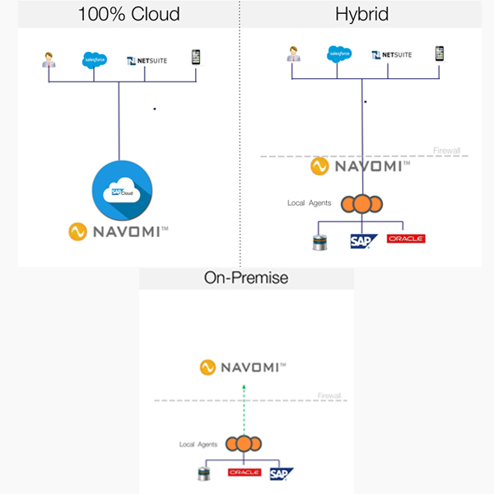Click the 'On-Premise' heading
246,277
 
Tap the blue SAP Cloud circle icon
120,190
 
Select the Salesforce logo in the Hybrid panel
340,54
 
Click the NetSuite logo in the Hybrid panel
392,55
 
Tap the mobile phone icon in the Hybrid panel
440,54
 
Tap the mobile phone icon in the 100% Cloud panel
196,58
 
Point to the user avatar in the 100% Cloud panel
48,59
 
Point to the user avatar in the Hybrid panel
292,54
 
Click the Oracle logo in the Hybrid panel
406,239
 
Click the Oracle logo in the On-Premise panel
244,472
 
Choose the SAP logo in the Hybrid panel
363,240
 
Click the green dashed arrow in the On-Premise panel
244,405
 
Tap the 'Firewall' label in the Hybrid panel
447,151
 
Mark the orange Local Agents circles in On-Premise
245,444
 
